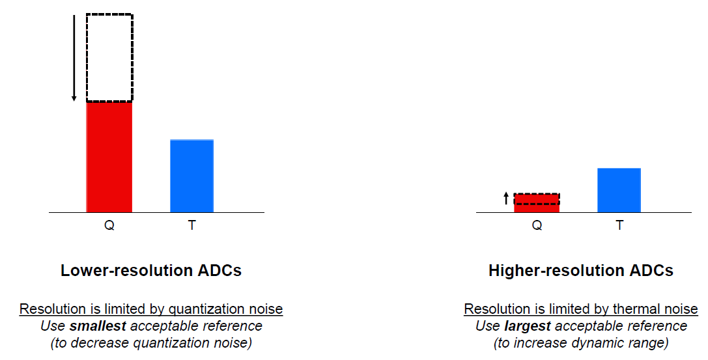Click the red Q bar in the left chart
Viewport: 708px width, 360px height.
[109, 157]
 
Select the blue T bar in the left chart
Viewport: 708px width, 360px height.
[191, 176]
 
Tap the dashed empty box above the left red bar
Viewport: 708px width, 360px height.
[109, 57]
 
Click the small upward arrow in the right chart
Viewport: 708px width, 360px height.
[506, 199]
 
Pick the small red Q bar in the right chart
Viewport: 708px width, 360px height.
[537, 203]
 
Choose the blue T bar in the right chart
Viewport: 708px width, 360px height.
[619, 190]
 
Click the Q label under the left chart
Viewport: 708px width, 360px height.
[109, 226]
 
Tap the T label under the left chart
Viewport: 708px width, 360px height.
[191, 226]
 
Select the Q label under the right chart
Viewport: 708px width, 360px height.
[537, 226]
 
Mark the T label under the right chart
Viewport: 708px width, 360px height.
[619, 226]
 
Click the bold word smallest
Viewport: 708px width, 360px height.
[97, 325]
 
